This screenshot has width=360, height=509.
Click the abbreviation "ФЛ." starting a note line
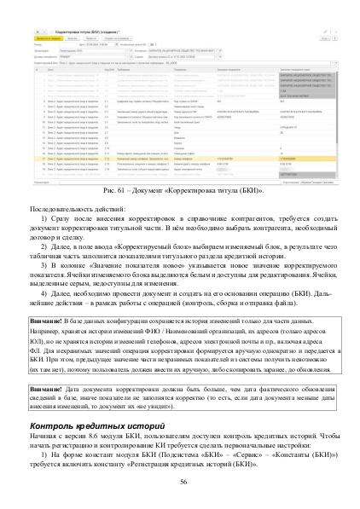click(35, 348)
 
